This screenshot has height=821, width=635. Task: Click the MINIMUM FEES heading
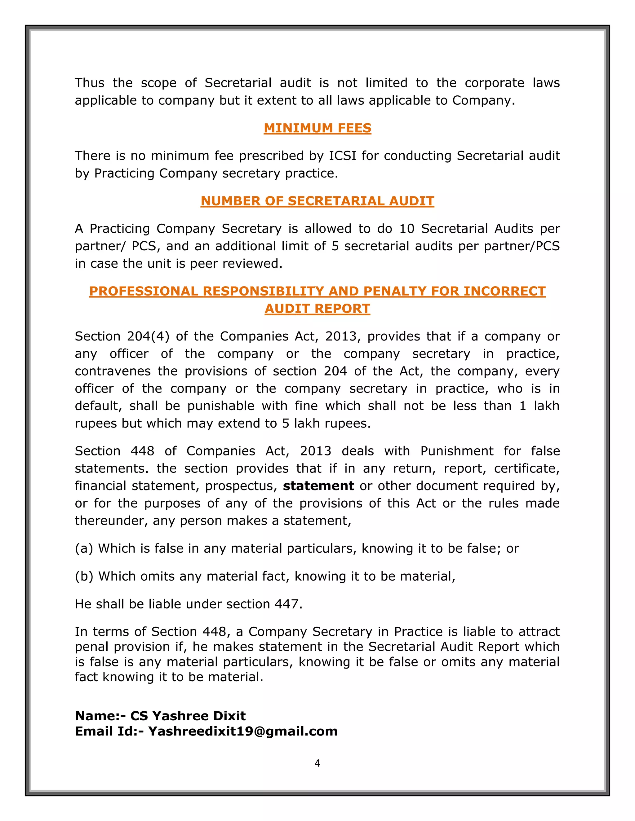(317, 128)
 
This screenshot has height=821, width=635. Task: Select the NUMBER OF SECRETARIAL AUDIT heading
(317, 201)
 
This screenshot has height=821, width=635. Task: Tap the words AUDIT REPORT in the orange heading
(317, 309)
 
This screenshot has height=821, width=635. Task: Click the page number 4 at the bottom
(317, 763)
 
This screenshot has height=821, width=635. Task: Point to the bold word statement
(318, 486)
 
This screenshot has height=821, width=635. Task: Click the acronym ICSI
(342, 156)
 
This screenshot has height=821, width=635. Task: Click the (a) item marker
(84, 549)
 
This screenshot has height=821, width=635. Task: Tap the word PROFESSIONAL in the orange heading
(143, 291)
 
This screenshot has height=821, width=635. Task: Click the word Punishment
(457, 451)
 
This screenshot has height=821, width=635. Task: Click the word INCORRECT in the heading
(504, 291)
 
